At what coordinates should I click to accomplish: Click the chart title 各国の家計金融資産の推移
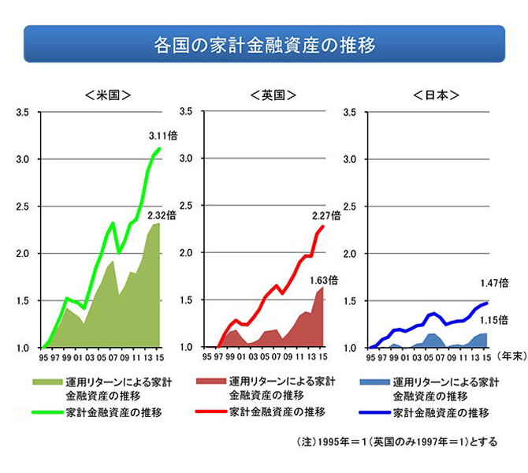point(264,44)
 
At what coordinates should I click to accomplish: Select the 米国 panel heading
point(107,95)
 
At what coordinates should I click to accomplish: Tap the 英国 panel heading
point(273,95)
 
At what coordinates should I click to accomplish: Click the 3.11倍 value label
point(163,135)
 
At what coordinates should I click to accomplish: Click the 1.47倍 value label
point(493,281)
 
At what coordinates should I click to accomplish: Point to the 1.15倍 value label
point(493,319)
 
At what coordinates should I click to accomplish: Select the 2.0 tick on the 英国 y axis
point(187,254)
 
